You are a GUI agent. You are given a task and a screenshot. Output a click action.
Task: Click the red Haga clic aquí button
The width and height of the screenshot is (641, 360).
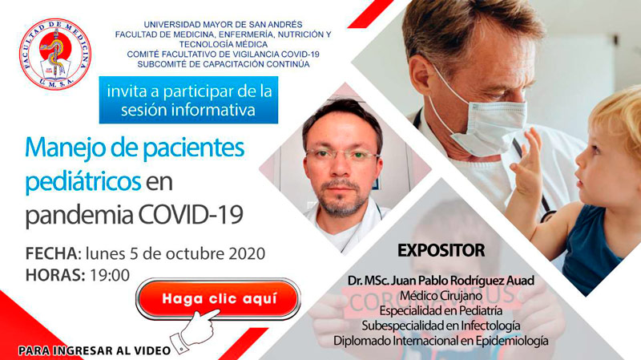click(x=218, y=300)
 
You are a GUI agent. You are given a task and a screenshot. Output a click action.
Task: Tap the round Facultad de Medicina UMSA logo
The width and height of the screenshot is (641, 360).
click(x=54, y=55)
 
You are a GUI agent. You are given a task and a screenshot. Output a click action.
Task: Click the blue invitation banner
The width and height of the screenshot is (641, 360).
click(x=188, y=100)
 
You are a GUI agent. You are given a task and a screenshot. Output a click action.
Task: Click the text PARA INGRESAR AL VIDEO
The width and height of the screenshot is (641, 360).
click(x=95, y=350)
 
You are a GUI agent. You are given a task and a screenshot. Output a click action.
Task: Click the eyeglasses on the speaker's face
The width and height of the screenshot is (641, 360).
click(x=343, y=154)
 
